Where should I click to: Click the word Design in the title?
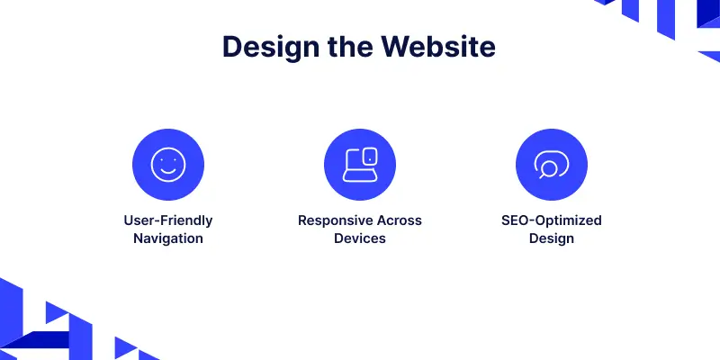tap(271, 47)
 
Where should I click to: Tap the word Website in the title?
tap(438, 46)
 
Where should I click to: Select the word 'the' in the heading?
tap(350, 46)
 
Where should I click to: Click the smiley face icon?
tap(168, 165)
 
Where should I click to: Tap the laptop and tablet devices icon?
tap(360, 165)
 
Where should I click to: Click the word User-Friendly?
tap(168, 220)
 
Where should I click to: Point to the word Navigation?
tap(168, 238)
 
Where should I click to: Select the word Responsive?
tap(336, 220)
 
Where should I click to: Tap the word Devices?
tap(360, 238)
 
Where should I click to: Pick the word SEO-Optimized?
tap(552, 220)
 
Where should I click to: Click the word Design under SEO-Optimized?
tap(552, 238)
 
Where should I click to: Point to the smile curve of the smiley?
tap(168, 173)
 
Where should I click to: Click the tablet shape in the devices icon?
tap(370, 156)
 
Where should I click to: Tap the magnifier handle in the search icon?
tap(542, 175)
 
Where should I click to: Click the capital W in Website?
tap(398, 46)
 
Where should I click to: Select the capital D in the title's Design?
tap(233, 46)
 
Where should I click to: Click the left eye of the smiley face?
tap(162, 160)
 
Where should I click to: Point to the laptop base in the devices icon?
tap(360, 176)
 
